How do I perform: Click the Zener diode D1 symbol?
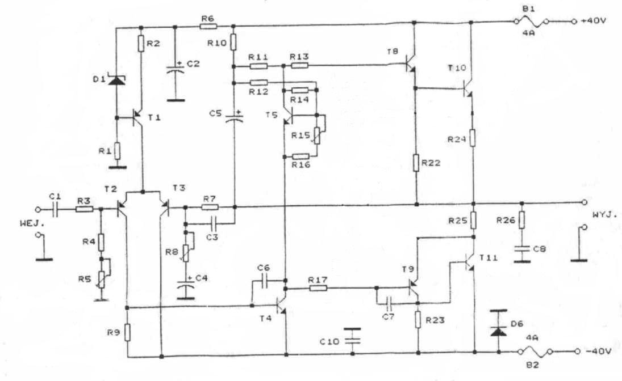(x=116, y=81)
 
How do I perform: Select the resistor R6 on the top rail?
(x=208, y=26)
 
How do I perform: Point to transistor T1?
(x=137, y=117)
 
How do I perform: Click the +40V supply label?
(x=594, y=20)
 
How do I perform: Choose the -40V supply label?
(x=598, y=352)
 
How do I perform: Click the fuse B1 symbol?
(x=531, y=20)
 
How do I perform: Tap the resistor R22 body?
(x=416, y=163)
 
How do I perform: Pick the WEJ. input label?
(x=32, y=223)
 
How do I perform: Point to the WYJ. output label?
(x=605, y=215)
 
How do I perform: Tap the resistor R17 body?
(x=318, y=288)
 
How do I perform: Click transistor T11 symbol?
(x=469, y=261)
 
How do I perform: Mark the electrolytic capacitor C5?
(x=234, y=117)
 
